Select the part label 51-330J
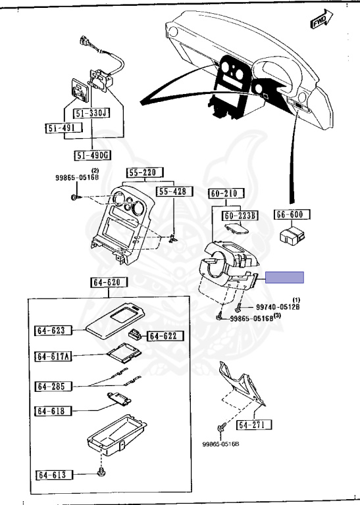click(92, 113)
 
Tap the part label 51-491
click(63, 128)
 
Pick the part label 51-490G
click(92, 156)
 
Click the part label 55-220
click(145, 173)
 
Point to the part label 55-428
click(174, 191)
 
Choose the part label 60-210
click(226, 193)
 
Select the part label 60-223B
click(240, 216)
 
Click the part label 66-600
click(292, 214)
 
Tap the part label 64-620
click(109, 283)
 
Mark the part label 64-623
click(53, 331)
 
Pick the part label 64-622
click(166, 336)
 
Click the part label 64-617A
click(53, 356)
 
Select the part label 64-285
click(53, 386)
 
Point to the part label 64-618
click(53, 411)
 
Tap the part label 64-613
click(54, 475)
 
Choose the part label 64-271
click(254, 425)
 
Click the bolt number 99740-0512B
click(278, 307)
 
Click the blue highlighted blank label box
click(284, 277)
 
